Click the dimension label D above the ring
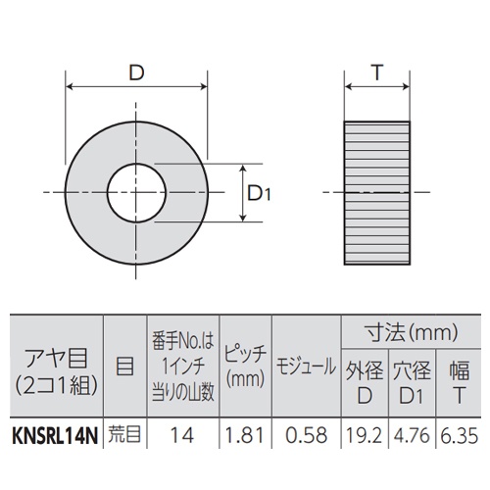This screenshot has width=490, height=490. (137, 72)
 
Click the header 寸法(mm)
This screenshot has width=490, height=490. (412, 331)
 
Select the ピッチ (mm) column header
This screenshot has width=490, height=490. (242, 367)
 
